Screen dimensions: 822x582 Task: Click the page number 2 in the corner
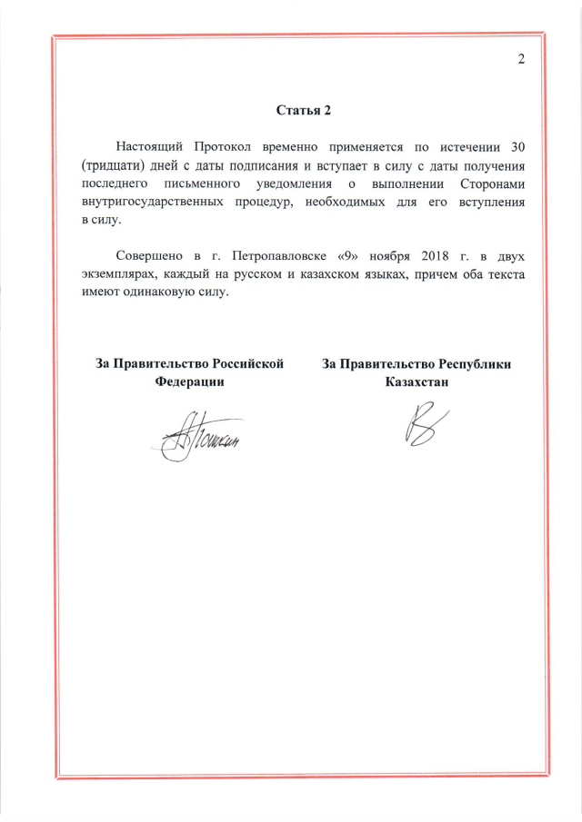(x=521, y=60)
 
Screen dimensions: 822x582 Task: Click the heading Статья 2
(x=304, y=111)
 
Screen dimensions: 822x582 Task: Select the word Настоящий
(x=151, y=146)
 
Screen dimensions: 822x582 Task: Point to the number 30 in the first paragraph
(x=517, y=146)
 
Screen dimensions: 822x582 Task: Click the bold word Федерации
(x=190, y=382)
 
